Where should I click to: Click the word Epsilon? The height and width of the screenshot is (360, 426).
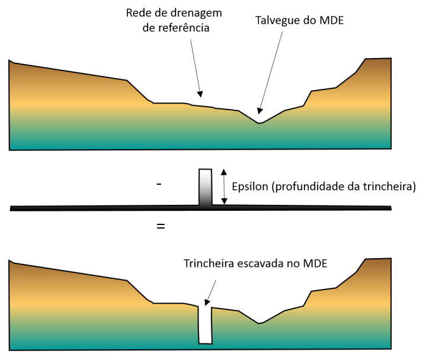tap(250, 185)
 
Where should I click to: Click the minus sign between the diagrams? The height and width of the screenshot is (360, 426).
tap(159, 185)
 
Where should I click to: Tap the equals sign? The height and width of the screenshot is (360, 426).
tap(160, 226)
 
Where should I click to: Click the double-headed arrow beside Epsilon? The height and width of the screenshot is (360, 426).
tap(223, 187)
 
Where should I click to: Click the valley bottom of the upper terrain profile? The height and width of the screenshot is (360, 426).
tap(258, 122)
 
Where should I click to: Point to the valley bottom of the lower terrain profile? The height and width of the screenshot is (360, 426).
tap(259, 323)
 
